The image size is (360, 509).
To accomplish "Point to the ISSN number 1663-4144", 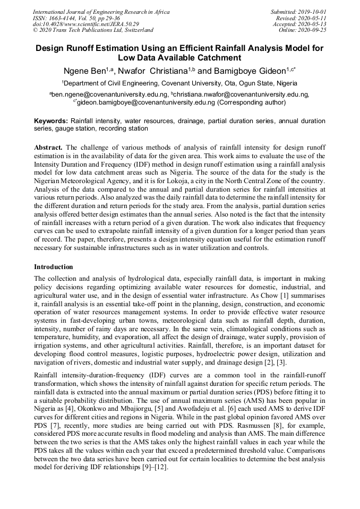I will pyautogui.click(x=62, y=18).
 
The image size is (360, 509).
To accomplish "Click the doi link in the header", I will pyautogui.click(x=85, y=24).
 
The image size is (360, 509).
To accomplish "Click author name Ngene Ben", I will pyautogui.click(x=85, y=71).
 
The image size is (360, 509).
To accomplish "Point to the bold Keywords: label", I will pyautogui.click(x=51, y=121).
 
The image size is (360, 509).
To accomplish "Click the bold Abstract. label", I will pyautogui.click(x=49, y=146).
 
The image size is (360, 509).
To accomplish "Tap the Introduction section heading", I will pyautogui.click(x=53, y=266).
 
